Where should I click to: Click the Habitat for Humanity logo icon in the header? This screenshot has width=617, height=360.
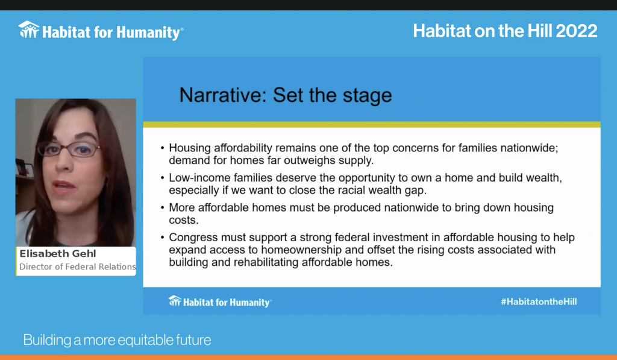29,30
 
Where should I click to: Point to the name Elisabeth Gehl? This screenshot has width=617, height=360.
58,254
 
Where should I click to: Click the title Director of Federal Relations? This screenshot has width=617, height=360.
78,267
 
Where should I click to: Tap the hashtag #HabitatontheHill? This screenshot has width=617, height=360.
539,302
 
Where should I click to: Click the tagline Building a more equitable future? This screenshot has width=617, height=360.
117,340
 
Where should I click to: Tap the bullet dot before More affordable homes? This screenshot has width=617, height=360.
163,208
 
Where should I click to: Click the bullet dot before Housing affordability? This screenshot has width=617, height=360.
163,148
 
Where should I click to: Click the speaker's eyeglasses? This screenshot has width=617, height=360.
68,150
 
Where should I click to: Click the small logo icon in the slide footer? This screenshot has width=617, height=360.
175,301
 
